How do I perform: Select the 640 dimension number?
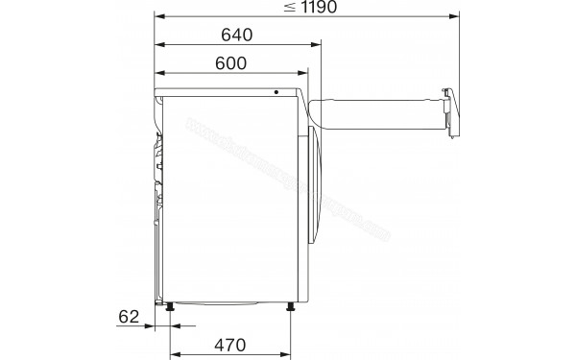(235, 36)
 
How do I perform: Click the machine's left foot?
(171, 306)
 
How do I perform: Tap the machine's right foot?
(289, 306)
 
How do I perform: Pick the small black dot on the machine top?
(276, 93)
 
